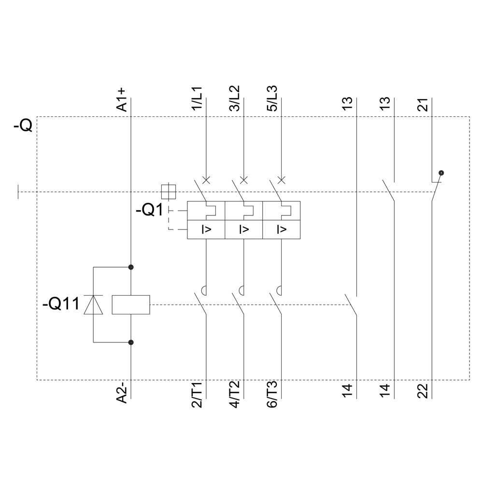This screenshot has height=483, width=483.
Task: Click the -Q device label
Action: pos(23,127)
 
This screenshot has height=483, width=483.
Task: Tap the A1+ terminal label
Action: pos(122,99)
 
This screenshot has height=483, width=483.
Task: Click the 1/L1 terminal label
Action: pos(198,99)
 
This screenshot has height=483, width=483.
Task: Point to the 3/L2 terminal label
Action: pos(235,99)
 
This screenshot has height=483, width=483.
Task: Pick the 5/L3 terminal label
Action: pos(273,99)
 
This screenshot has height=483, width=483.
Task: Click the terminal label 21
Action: pos(424,104)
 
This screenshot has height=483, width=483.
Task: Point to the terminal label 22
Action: pos(424,390)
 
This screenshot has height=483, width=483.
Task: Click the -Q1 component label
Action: pos(150,211)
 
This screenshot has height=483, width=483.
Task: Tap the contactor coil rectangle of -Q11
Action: pos(131,305)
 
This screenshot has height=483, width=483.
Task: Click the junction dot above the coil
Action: pos(131,267)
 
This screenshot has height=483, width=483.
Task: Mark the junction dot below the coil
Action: pos(131,342)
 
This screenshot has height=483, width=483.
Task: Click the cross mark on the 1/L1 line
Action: pos(206,180)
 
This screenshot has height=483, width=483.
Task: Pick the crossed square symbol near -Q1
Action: pos(168,192)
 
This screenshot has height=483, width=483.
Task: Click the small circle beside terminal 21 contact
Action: pos(440,172)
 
